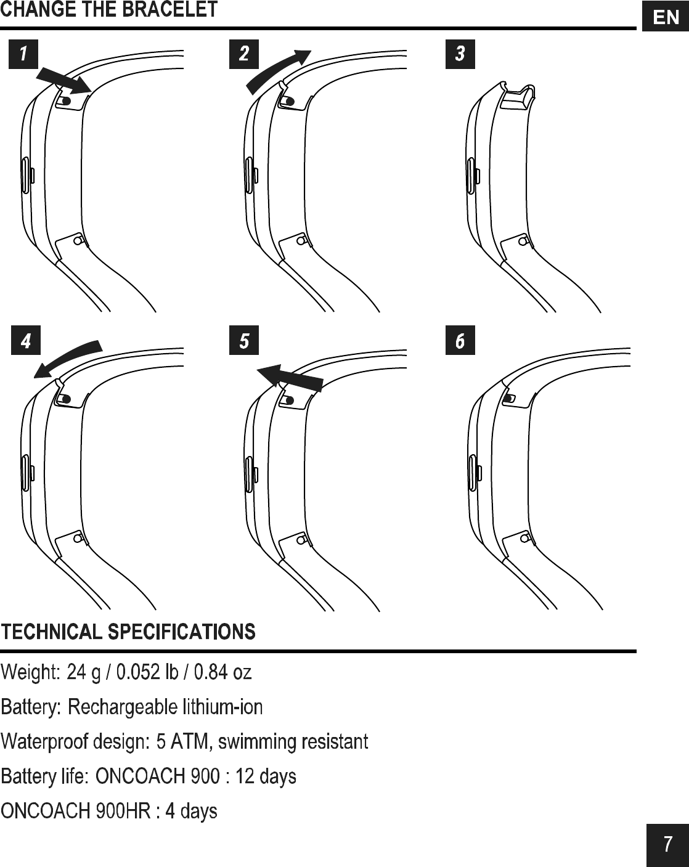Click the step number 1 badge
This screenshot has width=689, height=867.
(x=23, y=54)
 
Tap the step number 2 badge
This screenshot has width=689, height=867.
(x=244, y=54)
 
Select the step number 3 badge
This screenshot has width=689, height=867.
(x=460, y=54)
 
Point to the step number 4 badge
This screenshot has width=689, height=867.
(x=26, y=341)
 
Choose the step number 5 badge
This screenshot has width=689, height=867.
(x=244, y=341)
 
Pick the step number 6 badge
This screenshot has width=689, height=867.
(x=460, y=341)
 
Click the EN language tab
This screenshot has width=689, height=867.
(x=666, y=17)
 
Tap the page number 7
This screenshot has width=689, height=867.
(x=667, y=845)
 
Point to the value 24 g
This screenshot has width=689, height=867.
(x=84, y=672)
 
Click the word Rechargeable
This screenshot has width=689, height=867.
(x=116, y=707)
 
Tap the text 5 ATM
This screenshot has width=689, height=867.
(x=183, y=741)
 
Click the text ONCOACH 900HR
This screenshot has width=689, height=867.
(x=75, y=811)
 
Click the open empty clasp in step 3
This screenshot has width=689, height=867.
(x=516, y=97)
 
